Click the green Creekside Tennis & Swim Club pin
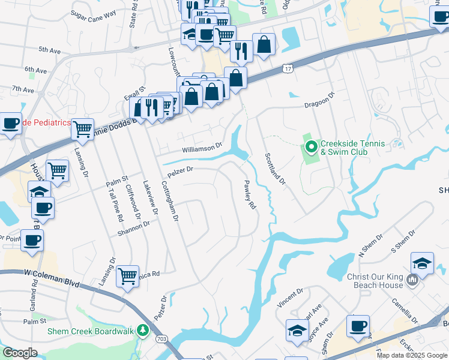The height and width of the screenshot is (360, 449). [x=311, y=146]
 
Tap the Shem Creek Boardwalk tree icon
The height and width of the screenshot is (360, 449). [x=142, y=330]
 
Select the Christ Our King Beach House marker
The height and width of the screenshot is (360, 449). [x=412, y=280]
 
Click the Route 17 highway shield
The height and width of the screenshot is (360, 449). [x=289, y=70]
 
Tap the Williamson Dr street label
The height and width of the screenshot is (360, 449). [x=202, y=145]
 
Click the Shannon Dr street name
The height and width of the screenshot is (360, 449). [x=134, y=226]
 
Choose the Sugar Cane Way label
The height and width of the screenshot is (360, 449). [x=93, y=13]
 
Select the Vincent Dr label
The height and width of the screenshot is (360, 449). [x=290, y=296]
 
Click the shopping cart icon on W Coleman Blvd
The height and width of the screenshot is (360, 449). [x=127, y=276]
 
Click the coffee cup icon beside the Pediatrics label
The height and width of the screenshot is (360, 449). [x=10, y=124]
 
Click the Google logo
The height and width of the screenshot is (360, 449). [x=20, y=353]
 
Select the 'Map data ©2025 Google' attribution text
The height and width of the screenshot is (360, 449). [x=412, y=355]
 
